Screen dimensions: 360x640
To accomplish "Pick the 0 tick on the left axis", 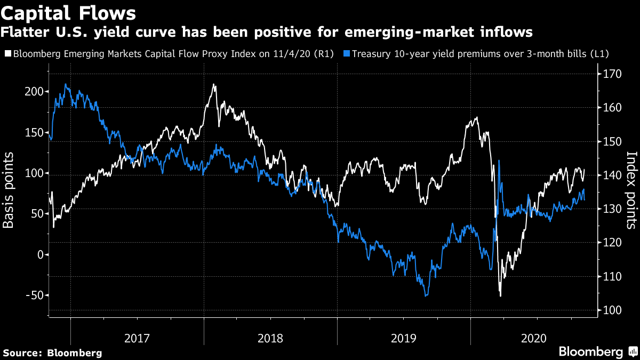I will tap(39, 255).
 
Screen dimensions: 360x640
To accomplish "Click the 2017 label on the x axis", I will tap(137, 338).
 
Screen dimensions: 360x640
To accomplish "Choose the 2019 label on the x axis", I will tap(404, 338).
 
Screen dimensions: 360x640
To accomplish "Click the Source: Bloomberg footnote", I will tap(52, 353).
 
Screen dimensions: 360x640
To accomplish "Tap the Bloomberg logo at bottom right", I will tap(597, 351).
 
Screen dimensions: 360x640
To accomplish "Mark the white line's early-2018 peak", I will tap(214, 84).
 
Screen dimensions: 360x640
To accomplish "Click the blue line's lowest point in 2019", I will tap(426, 295).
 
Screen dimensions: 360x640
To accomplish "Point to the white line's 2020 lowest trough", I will tap(500, 295).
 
